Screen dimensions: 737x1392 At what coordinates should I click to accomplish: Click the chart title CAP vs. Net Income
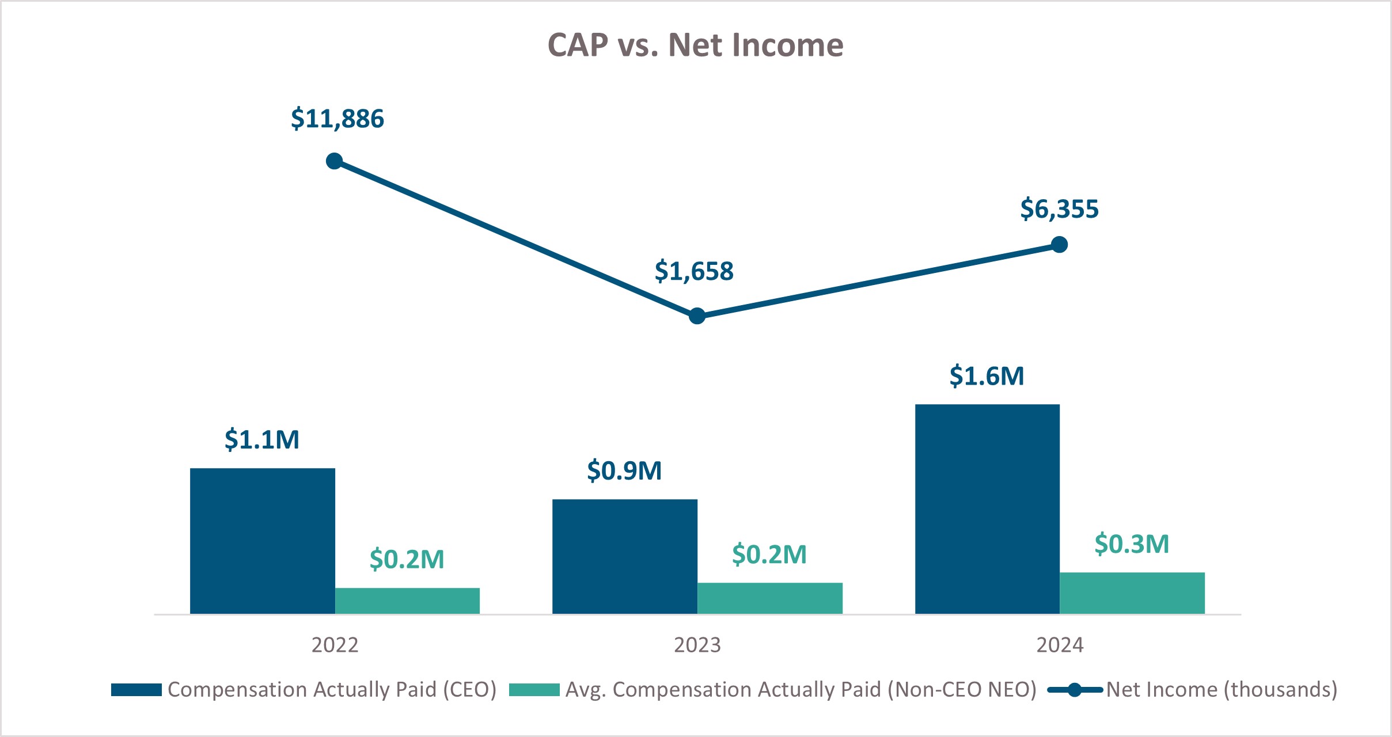click(695, 45)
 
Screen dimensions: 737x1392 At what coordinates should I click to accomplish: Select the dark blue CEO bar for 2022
click(263, 541)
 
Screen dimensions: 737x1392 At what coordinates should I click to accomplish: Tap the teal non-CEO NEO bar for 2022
click(407, 601)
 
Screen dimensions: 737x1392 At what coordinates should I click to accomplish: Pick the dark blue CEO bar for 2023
click(625, 556)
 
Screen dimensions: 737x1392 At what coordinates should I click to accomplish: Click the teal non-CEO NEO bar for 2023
click(770, 598)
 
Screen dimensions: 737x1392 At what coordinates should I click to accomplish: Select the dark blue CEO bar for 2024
click(987, 509)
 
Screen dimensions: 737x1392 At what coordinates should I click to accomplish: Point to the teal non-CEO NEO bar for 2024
click(1132, 593)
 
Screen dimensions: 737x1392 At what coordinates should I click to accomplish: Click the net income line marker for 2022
click(335, 161)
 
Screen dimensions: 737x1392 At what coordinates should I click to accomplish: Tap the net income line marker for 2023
click(697, 316)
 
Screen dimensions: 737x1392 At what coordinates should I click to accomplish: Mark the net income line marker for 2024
click(1059, 245)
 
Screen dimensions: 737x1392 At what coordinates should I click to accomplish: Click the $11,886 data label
click(337, 119)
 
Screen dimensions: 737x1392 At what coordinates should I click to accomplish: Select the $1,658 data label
click(694, 271)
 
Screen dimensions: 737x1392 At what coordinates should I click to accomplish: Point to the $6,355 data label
click(1060, 209)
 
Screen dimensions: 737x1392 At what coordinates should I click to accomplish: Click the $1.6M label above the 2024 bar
click(987, 376)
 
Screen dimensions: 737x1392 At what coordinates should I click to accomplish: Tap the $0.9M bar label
click(625, 471)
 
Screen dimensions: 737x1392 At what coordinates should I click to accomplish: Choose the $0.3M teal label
click(1132, 544)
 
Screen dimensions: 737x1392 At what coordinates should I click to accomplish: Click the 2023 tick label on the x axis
click(697, 645)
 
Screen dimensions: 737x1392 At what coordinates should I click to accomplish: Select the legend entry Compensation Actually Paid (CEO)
click(332, 690)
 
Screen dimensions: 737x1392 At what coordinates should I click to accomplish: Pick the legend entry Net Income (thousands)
click(1221, 690)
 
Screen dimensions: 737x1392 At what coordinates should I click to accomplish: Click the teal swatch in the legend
click(534, 690)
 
